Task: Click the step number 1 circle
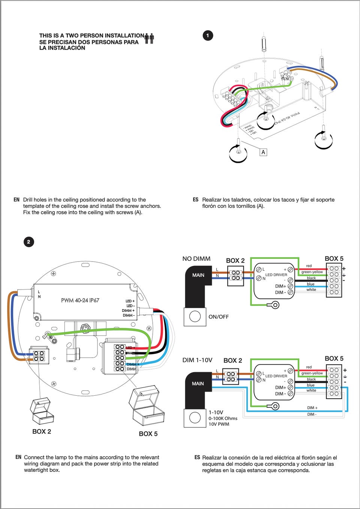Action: tap(208, 36)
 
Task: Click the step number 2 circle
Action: tap(28, 242)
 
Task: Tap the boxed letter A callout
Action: tap(263, 152)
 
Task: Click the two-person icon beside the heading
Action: tap(149, 38)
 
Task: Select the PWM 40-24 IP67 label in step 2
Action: tap(80, 300)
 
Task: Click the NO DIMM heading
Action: tap(196, 259)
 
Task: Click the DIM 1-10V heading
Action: tap(197, 360)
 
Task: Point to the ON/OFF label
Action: tap(218, 317)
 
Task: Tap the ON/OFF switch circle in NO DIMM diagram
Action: tap(195, 317)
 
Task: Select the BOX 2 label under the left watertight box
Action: tap(42, 432)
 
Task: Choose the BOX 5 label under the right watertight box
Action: tap(148, 434)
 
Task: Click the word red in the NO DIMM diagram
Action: tap(309, 266)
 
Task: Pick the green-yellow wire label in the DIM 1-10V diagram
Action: tap(312, 373)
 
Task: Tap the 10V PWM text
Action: tap(219, 424)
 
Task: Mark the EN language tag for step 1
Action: tap(16, 200)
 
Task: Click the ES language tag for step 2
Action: tap(197, 458)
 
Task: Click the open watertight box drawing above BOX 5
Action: tap(147, 405)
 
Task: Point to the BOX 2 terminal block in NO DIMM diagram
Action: tap(235, 276)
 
